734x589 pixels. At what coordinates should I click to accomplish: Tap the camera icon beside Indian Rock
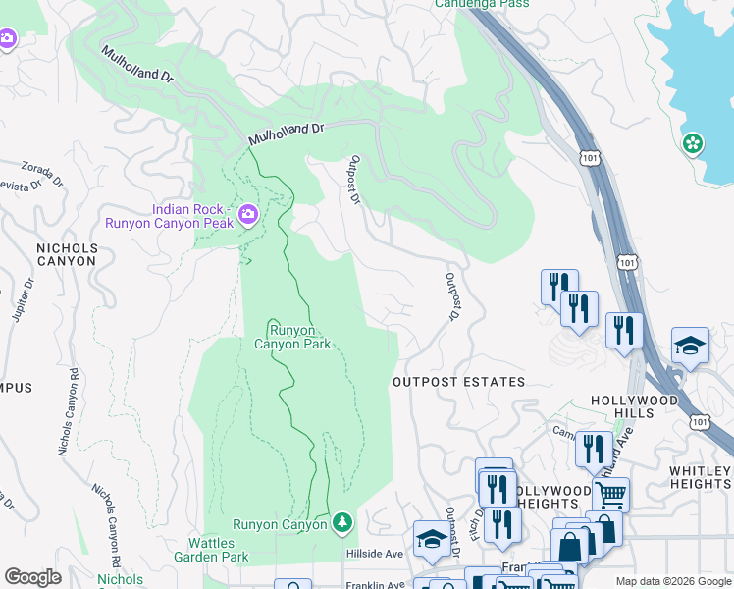click(248, 214)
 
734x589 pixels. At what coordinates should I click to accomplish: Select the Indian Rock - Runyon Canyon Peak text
click(192, 216)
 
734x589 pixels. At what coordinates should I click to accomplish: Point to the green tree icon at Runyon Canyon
click(342, 522)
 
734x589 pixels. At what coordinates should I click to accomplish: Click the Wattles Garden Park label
click(226, 550)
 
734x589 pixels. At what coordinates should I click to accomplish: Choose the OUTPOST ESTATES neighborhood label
click(459, 382)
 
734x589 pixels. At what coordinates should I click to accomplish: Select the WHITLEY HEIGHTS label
click(701, 478)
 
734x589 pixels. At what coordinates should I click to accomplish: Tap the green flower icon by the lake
click(693, 144)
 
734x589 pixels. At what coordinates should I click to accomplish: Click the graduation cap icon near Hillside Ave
click(431, 537)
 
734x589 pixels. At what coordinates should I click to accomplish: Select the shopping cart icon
click(610, 494)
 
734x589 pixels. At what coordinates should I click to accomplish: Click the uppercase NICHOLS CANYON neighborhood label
click(67, 255)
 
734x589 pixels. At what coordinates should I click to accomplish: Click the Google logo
click(33, 577)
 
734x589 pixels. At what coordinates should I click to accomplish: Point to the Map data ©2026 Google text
click(672, 581)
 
